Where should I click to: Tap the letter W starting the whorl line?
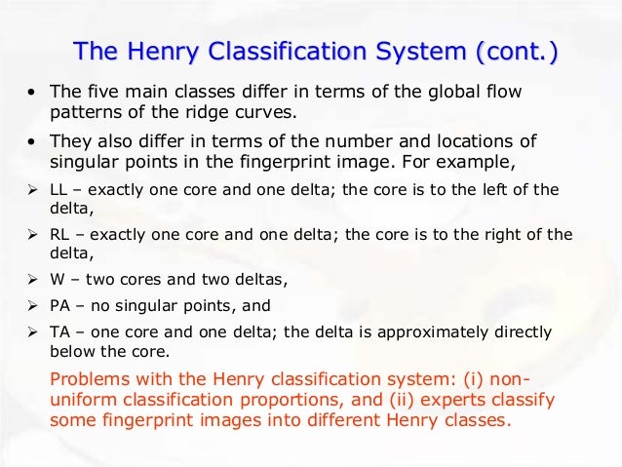pos(58,280)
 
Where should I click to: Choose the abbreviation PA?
pos(60,306)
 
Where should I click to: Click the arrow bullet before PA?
pos(31,306)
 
